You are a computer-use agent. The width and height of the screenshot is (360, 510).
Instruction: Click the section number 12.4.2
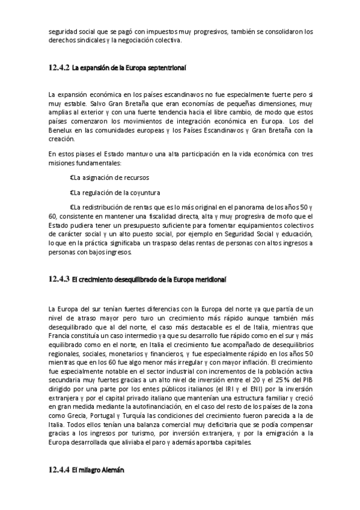pyautogui.click(x=59, y=69)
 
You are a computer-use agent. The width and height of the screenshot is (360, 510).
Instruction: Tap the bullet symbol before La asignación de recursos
pyautogui.click(x=72, y=177)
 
